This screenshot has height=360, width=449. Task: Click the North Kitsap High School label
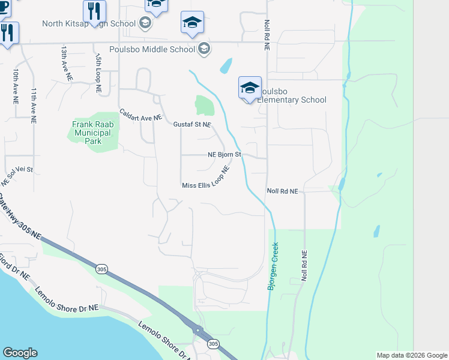(x=88, y=23)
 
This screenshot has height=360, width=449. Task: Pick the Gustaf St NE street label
(x=191, y=124)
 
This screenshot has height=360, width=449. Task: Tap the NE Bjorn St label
(x=224, y=154)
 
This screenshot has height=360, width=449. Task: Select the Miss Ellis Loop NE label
(x=206, y=181)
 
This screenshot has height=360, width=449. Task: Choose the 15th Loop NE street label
(x=97, y=71)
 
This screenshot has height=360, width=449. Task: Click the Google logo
(x=20, y=353)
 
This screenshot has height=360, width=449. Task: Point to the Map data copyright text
(x=411, y=355)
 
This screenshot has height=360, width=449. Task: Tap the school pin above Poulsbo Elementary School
(x=250, y=88)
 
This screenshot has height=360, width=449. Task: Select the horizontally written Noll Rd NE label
(x=282, y=191)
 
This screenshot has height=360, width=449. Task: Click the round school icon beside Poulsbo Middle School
(x=204, y=49)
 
